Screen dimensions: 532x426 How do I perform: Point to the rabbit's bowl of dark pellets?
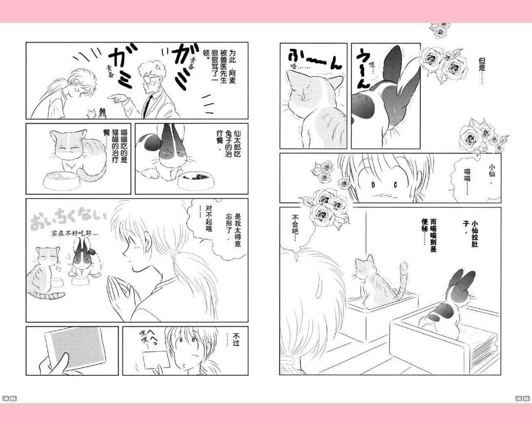[195, 181]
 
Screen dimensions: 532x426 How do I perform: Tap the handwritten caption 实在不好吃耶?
[75, 233]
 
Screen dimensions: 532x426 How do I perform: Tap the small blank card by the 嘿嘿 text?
[156, 360]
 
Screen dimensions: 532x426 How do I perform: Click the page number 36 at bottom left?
[10, 399]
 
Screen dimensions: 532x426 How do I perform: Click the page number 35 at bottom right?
[522, 399]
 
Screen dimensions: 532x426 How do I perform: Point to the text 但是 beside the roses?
[482, 65]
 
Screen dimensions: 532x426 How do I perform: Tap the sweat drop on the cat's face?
[303, 95]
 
